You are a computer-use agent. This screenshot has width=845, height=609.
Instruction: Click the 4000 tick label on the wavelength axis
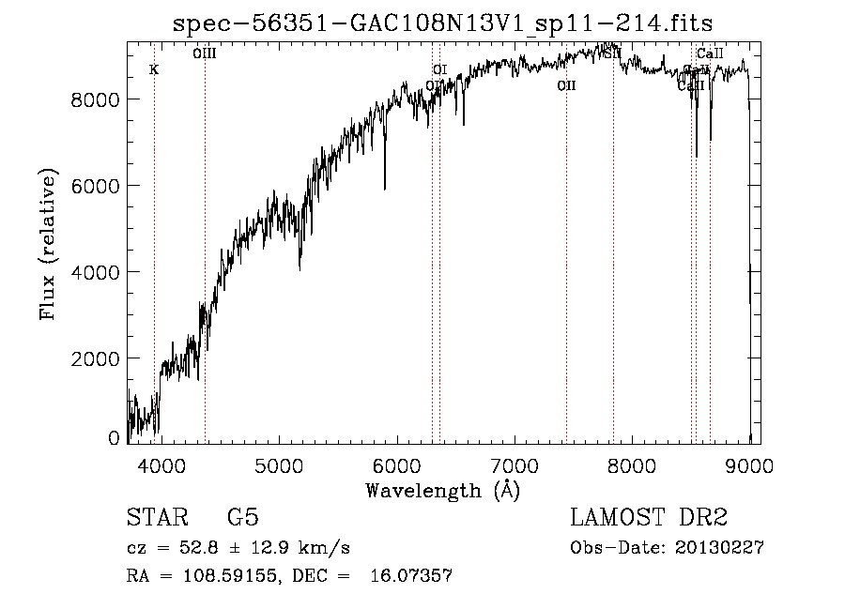pyautogui.click(x=161, y=465)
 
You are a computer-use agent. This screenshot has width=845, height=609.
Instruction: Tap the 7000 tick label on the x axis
pyautogui.click(x=515, y=465)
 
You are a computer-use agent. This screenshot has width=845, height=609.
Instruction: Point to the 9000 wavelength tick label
pyautogui.click(x=749, y=465)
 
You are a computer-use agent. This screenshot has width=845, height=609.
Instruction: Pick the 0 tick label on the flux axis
pyautogui.click(x=114, y=438)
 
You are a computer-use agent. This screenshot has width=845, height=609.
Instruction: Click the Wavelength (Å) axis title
pyautogui.click(x=442, y=490)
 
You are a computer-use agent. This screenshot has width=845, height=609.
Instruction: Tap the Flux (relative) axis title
pyautogui.click(x=48, y=244)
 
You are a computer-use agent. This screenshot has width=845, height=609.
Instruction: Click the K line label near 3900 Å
pyautogui.click(x=154, y=70)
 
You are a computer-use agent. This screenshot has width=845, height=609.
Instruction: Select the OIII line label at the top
pyautogui.click(x=205, y=53)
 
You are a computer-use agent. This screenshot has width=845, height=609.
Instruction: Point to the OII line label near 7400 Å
pyautogui.click(x=566, y=86)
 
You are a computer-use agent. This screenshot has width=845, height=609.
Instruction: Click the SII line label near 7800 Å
pyautogui.click(x=612, y=53)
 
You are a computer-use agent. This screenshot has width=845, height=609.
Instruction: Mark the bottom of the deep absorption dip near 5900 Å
pyautogui.click(x=385, y=189)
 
